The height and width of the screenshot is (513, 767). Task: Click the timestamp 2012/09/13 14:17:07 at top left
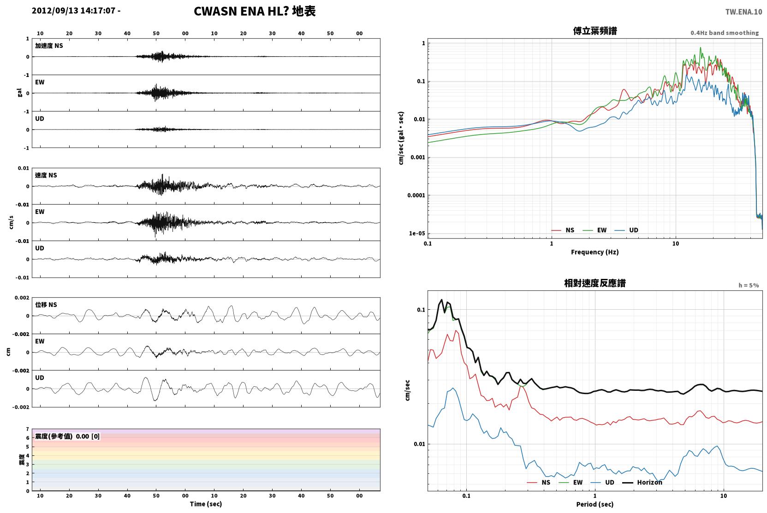click(73, 11)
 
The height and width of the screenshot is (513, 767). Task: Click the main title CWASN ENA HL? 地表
click(255, 12)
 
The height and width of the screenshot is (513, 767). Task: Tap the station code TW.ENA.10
click(744, 12)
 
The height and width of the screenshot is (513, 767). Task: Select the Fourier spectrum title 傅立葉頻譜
click(595, 31)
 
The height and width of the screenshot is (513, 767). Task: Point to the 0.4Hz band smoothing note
click(725, 33)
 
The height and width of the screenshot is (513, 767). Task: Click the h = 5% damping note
click(749, 285)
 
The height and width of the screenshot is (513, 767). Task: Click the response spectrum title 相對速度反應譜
click(595, 283)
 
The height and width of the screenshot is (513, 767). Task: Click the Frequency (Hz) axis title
click(595, 252)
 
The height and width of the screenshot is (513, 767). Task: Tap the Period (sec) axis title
click(595, 504)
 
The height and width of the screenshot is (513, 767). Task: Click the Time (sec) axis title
click(206, 504)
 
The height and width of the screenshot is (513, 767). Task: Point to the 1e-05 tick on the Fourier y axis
click(417, 233)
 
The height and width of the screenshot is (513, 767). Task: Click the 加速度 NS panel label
click(49, 46)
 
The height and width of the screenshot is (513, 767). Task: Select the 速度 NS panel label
click(46, 175)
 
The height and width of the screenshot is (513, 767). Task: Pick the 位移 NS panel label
click(46, 305)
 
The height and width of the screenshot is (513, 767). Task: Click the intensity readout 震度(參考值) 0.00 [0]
click(67, 436)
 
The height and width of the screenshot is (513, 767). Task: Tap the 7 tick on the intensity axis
click(28, 429)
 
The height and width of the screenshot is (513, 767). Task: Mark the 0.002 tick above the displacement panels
click(22, 298)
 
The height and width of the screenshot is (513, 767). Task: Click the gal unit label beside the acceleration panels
click(19, 93)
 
